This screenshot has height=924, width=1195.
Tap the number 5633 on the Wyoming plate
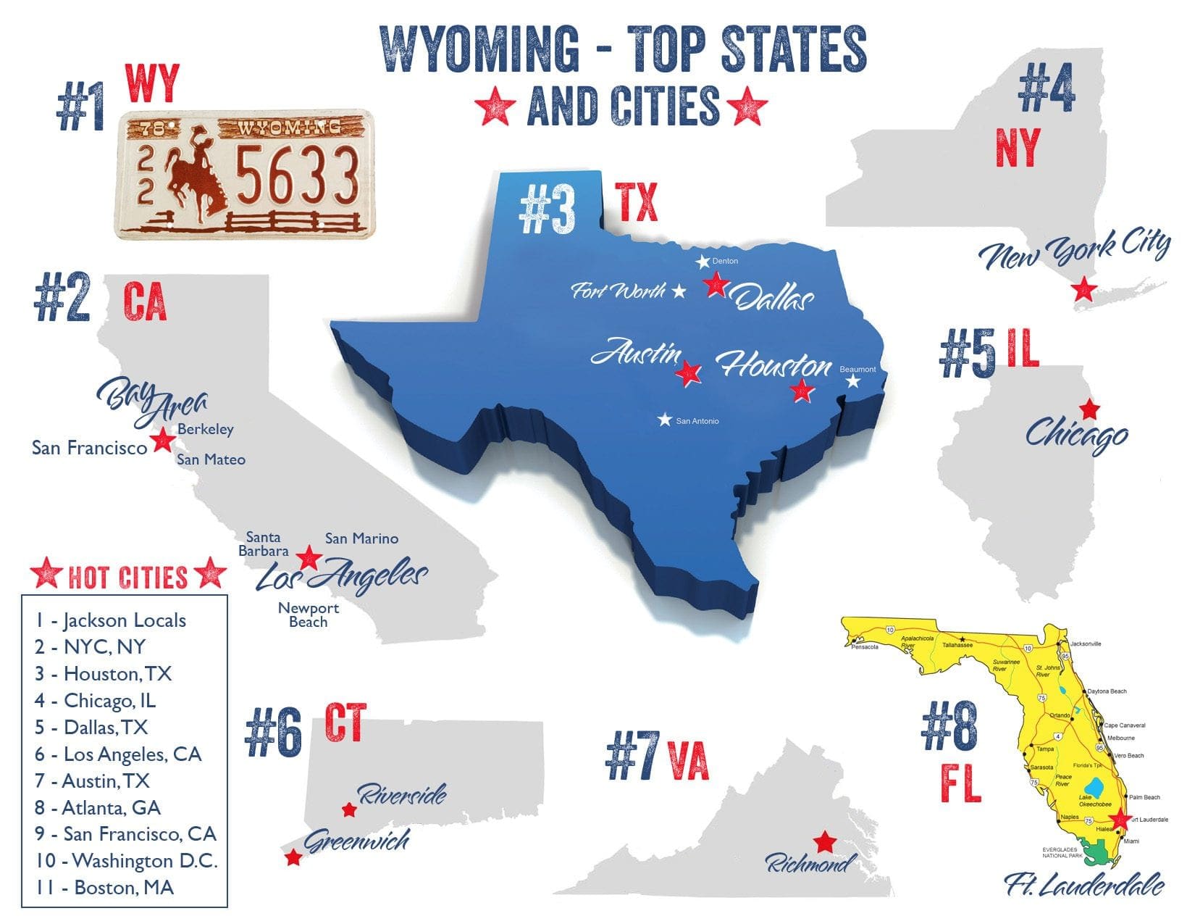(298, 175)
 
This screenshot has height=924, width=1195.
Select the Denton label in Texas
(725, 261)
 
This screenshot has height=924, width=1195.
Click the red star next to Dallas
(716, 284)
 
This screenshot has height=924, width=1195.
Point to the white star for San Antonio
(665, 420)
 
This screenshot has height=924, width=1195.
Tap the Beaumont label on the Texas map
(858, 370)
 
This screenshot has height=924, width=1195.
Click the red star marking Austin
(688, 373)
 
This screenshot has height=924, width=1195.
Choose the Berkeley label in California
(206, 429)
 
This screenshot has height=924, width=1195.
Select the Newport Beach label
(309, 615)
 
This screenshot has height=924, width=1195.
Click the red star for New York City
(1083, 289)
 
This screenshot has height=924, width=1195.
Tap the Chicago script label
(1076, 434)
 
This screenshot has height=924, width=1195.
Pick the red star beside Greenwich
(293, 858)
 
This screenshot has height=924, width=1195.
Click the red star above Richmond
(824, 842)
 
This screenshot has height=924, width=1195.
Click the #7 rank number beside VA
(632, 757)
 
